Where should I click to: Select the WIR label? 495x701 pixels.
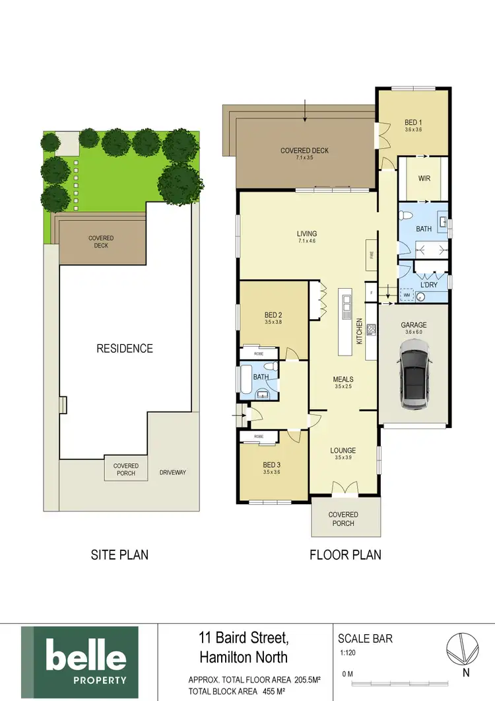[425, 178]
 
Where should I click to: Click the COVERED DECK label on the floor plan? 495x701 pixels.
[304, 151]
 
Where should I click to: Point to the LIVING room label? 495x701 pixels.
[307, 233]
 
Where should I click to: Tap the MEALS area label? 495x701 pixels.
[343, 379]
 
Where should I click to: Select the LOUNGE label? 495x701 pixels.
[343, 450]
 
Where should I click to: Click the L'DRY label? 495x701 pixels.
[429, 285]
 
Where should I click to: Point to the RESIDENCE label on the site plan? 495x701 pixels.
[125, 348]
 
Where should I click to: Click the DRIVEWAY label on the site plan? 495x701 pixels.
[172, 472]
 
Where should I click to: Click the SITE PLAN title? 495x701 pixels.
[119, 555]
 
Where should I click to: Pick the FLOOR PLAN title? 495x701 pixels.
[345, 555]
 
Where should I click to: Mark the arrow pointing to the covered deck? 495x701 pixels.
[305, 110]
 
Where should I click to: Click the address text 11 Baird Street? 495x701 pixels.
[243, 638]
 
